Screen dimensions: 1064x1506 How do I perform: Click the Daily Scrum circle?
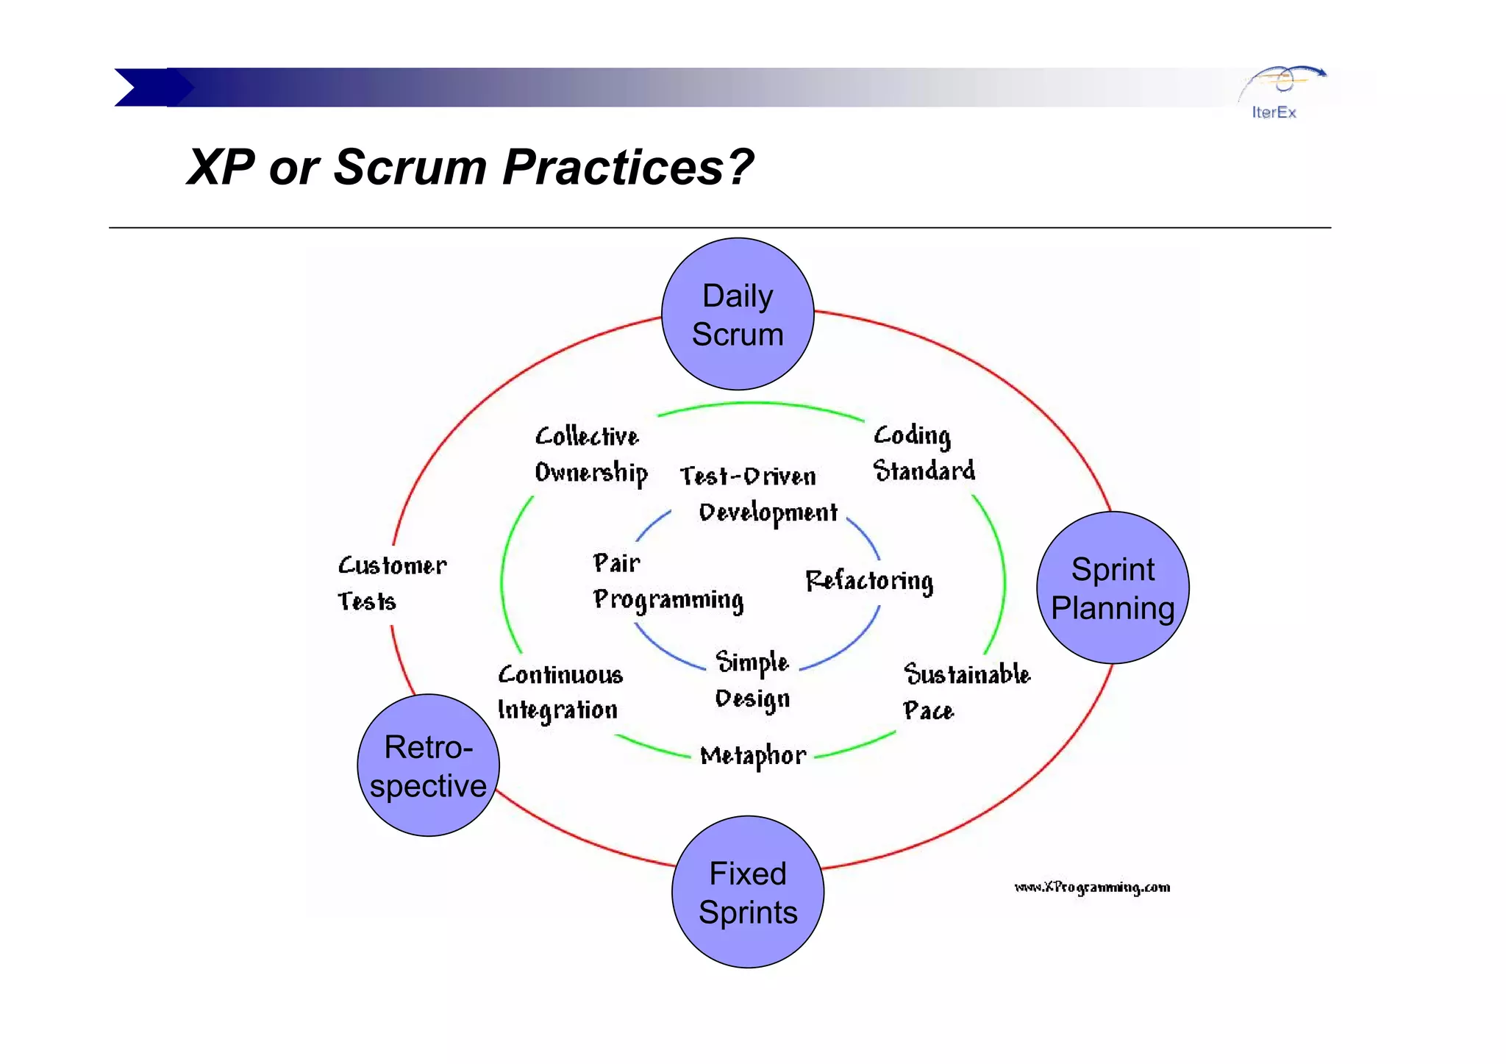click(738, 315)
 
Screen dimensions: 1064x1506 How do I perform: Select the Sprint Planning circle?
click(1113, 588)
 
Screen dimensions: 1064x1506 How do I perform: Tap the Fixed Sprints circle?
click(748, 892)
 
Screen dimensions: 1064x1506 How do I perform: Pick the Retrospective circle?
click(429, 765)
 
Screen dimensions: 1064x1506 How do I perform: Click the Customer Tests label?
click(391, 583)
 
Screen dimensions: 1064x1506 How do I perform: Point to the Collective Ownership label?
click(590, 454)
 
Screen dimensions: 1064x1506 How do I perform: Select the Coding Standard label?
click(923, 453)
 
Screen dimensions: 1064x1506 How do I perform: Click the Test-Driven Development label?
click(757, 494)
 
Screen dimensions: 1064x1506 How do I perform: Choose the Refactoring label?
click(869, 581)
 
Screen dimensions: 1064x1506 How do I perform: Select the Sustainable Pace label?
click(966, 692)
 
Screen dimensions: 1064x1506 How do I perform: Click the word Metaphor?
click(753, 756)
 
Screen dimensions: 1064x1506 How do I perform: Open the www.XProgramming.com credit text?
click(1092, 888)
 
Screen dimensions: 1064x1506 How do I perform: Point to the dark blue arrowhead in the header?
click(147, 88)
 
